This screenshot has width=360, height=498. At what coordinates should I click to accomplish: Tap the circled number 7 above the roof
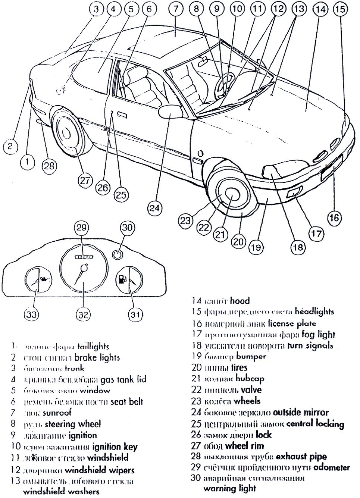[x=176, y=9]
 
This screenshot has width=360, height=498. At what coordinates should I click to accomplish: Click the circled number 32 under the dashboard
[x=83, y=314]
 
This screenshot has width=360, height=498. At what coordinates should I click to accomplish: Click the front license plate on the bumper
[x=331, y=169]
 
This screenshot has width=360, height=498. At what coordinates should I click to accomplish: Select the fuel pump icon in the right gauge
[x=122, y=279]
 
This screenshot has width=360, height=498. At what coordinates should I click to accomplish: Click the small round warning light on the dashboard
[x=117, y=254]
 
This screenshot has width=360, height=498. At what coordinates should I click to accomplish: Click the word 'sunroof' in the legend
[x=57, y=413]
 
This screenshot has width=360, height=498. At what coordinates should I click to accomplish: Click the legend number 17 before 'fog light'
[x=197, y=335]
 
